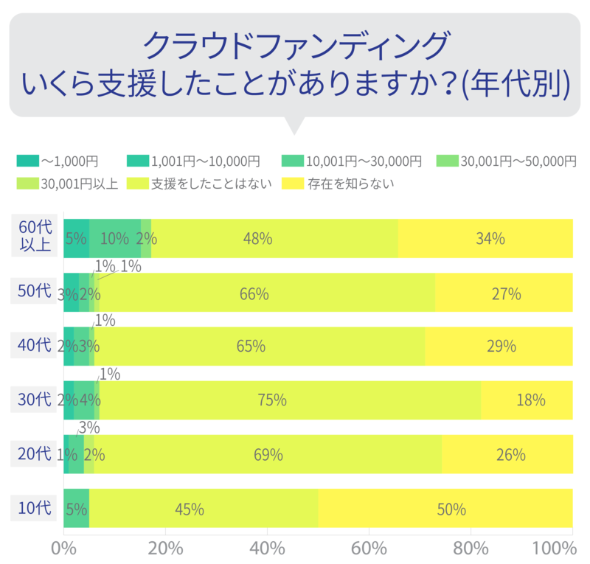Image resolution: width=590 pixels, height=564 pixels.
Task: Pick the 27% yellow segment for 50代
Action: [504, 293]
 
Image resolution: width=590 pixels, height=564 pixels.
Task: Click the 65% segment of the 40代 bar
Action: [260, 347]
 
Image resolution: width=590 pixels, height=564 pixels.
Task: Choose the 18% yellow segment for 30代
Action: [527, 400]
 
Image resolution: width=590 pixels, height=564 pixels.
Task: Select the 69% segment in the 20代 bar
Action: [268, 454]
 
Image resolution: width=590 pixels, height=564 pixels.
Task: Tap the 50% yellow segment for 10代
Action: [445, 509]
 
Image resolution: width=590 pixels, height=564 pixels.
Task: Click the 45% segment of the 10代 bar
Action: [204, 509]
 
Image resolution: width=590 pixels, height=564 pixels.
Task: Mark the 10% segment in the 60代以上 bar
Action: [115, 238]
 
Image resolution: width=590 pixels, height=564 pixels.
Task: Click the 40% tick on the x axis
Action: [268, 549]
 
